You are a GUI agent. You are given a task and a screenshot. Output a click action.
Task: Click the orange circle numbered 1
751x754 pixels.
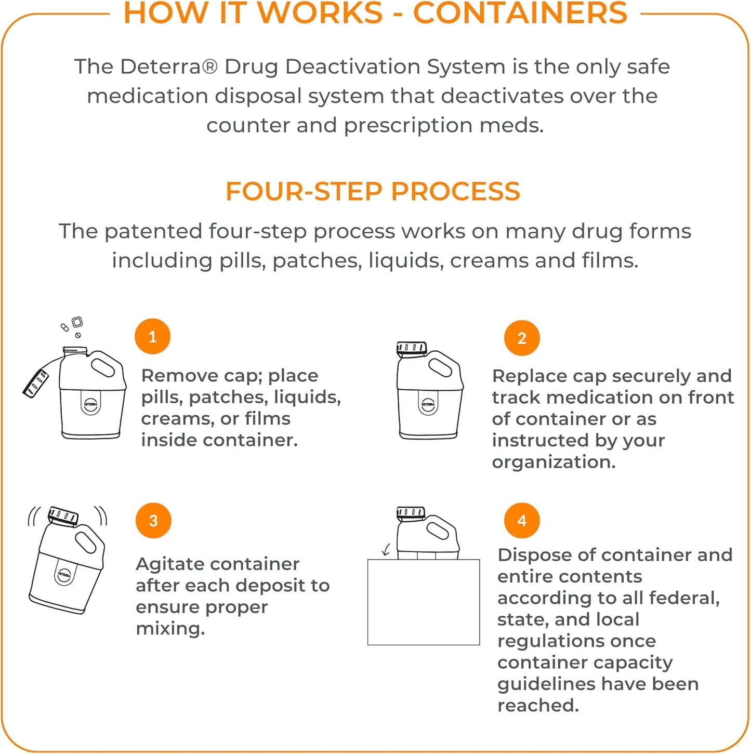[x=152, y=337]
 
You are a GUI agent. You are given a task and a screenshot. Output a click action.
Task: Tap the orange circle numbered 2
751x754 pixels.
[x=522, y=338]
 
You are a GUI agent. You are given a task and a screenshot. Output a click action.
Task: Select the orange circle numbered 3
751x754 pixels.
[x=153, y=521]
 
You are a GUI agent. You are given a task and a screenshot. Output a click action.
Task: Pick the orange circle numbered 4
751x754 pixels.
[x=522, y=521]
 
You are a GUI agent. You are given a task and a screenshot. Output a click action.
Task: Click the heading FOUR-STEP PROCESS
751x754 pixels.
[x=373, y=191]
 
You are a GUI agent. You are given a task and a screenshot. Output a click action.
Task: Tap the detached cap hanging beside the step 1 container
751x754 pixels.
[x=36, y=384]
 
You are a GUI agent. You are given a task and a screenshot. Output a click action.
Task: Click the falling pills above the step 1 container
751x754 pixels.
[x=72, y=327]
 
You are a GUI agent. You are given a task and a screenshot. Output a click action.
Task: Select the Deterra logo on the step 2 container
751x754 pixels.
[x=428, y=404]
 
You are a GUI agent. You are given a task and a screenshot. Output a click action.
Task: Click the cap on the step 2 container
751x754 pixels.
[x=411, y=348]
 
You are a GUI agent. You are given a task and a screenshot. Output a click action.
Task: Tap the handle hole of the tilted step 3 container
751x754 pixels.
[x=86, y=542]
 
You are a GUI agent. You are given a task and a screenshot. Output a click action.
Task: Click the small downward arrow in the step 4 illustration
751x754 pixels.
[x=386, y=550]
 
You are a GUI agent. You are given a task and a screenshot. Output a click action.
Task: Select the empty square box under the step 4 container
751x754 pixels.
[x=423, y=602]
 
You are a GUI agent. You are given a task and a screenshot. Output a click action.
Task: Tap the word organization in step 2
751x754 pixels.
[x=554, y=461]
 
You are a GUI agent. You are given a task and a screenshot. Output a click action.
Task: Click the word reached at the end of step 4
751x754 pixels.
[x=537, y=705]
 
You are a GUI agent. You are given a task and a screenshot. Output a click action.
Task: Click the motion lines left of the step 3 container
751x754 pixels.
[x=33, y=517]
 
